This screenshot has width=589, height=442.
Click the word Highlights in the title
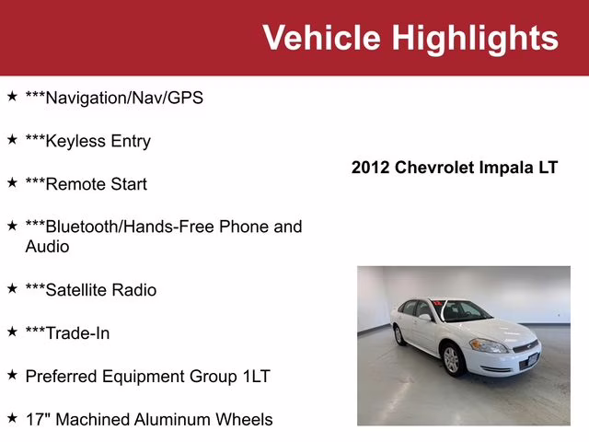click(475, 38)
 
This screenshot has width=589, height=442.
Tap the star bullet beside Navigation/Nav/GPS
click(12, 96)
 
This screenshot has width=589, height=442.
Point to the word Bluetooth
click(84, 227)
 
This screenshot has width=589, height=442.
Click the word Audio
click(47, 247)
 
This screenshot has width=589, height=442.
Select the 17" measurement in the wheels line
click(38, 419)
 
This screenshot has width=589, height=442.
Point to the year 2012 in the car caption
click(371, 168)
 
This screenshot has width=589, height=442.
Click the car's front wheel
click(451, 360)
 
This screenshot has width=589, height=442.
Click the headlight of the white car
click(486, 346)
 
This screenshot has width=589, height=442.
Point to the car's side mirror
click(425, 318)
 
